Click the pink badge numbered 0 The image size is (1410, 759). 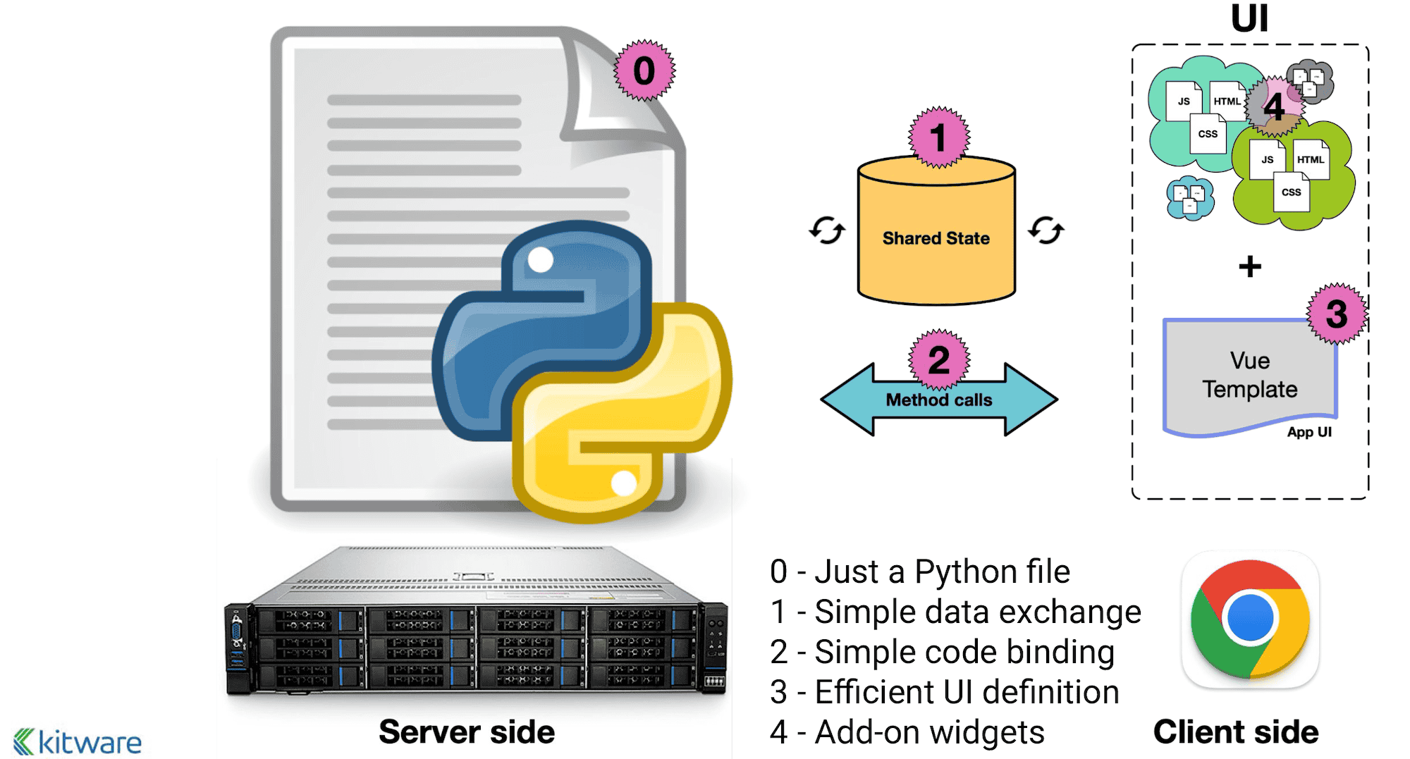pos(644,70)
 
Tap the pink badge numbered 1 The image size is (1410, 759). pos(938,137)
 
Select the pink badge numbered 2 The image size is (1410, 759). pos(939,360)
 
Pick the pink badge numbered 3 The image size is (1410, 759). pos(1337,314)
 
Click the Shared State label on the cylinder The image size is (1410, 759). pos(936,239)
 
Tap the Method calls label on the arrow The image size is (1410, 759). pos(938,400)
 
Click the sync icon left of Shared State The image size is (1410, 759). pos(826,230)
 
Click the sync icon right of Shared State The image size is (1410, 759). pos(1046,230)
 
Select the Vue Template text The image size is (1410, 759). pos(1250,375)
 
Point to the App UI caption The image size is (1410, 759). pos(1309,432)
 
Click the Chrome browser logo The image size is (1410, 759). pos(1250,618)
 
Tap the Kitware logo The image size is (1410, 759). pos(78,742)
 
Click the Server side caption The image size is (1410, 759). pos(467,732)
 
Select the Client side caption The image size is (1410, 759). pos(1236,732)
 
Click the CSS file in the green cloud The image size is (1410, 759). pos(1292,192)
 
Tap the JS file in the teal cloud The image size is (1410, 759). pos(1184,101)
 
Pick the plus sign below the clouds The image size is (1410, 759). pos(1250,266)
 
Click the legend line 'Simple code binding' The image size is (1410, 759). pos(942,652)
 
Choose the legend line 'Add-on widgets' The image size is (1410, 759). pos(907,732)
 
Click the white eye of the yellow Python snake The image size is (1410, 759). pos(624,483)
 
